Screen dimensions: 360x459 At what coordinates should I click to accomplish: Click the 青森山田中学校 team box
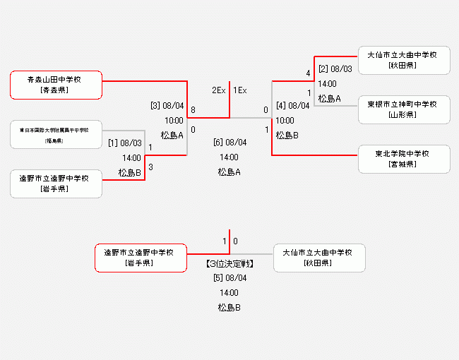56,85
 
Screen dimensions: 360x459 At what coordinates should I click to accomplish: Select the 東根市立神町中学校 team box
404,109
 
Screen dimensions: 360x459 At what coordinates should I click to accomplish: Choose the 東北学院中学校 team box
404,159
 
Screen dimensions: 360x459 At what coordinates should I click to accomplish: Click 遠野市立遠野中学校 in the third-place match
141,258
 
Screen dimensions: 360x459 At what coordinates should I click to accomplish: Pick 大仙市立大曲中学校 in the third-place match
319,258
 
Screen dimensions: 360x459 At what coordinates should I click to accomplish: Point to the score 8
193,110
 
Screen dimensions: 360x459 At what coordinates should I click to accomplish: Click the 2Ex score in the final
218,90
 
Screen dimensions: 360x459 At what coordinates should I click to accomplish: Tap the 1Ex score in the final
240,90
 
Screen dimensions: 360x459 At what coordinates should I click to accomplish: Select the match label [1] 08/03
124,143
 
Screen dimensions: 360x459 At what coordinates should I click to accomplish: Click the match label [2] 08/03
335,69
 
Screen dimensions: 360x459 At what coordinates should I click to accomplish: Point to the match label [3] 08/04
167,106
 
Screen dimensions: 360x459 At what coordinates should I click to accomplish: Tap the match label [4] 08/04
293,106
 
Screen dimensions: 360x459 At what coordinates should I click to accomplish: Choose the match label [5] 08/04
229,278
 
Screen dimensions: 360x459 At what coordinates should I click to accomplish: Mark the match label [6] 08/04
229,143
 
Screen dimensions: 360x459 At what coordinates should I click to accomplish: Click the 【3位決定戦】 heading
229,264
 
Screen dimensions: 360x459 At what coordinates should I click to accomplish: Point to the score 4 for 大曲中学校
309,73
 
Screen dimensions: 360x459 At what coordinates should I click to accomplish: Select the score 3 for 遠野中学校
150,167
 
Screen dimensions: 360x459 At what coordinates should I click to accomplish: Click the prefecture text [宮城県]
404,164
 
